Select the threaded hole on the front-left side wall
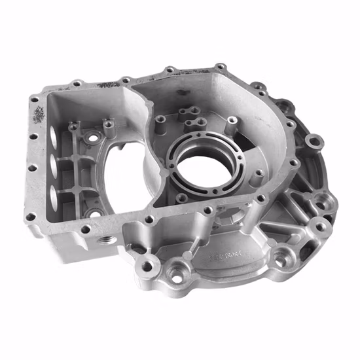tap(104, 242)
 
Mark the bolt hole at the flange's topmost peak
tap(220, 66)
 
